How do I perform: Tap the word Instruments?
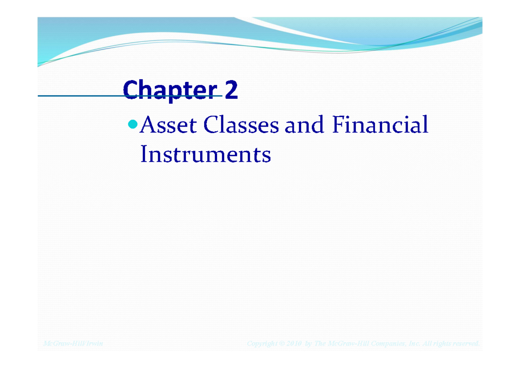coord(205,155)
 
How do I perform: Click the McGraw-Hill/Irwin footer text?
coord(73,344)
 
